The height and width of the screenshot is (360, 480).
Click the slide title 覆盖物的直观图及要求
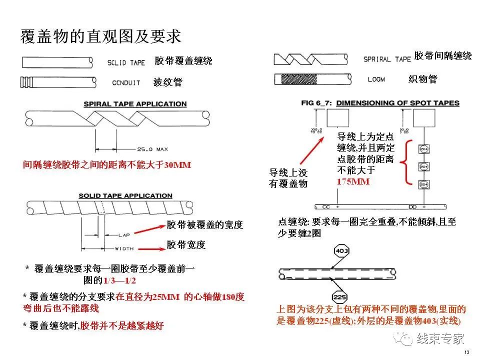pyautogui.click(x=100, y=36)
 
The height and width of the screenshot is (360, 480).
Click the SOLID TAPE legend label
pyautogui.click(x=126, y=62)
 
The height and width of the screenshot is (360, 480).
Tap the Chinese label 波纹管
pyautogui.click(x=167, y=82)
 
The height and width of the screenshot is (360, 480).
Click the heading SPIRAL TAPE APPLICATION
pyautogui.click(x=135, y=104)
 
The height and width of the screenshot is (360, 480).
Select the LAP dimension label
pyautogui.click(x=124, y=234)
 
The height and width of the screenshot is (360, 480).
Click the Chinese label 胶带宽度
pyautogui.click(x=186, y=245)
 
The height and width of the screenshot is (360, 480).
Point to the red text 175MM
pyautogui.click(x=353, y=181)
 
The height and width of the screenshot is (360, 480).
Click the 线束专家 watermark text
pyautogui.click(x=440, y=338)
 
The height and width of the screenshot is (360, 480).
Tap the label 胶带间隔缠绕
pyautogui.click(x=442, y=56)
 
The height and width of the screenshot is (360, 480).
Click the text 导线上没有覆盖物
pyautogui.click(x=288, y=178)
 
